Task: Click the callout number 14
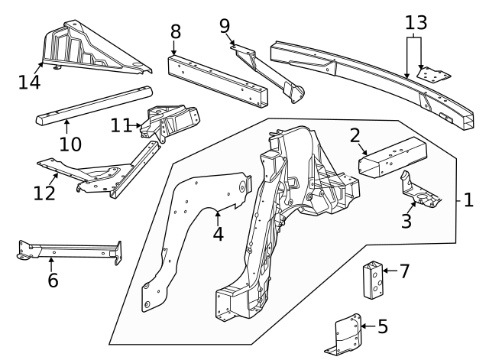pos(30,81)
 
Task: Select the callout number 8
pos(175,32)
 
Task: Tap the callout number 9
pos(225,27)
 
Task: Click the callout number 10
pos(70,143)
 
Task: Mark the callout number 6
pos(52,281)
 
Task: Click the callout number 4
pos(218,232)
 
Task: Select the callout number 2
pos(355,136)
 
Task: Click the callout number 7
pos(405,271)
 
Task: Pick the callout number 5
pos(383,327)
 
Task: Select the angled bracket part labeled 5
pos(348,333)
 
